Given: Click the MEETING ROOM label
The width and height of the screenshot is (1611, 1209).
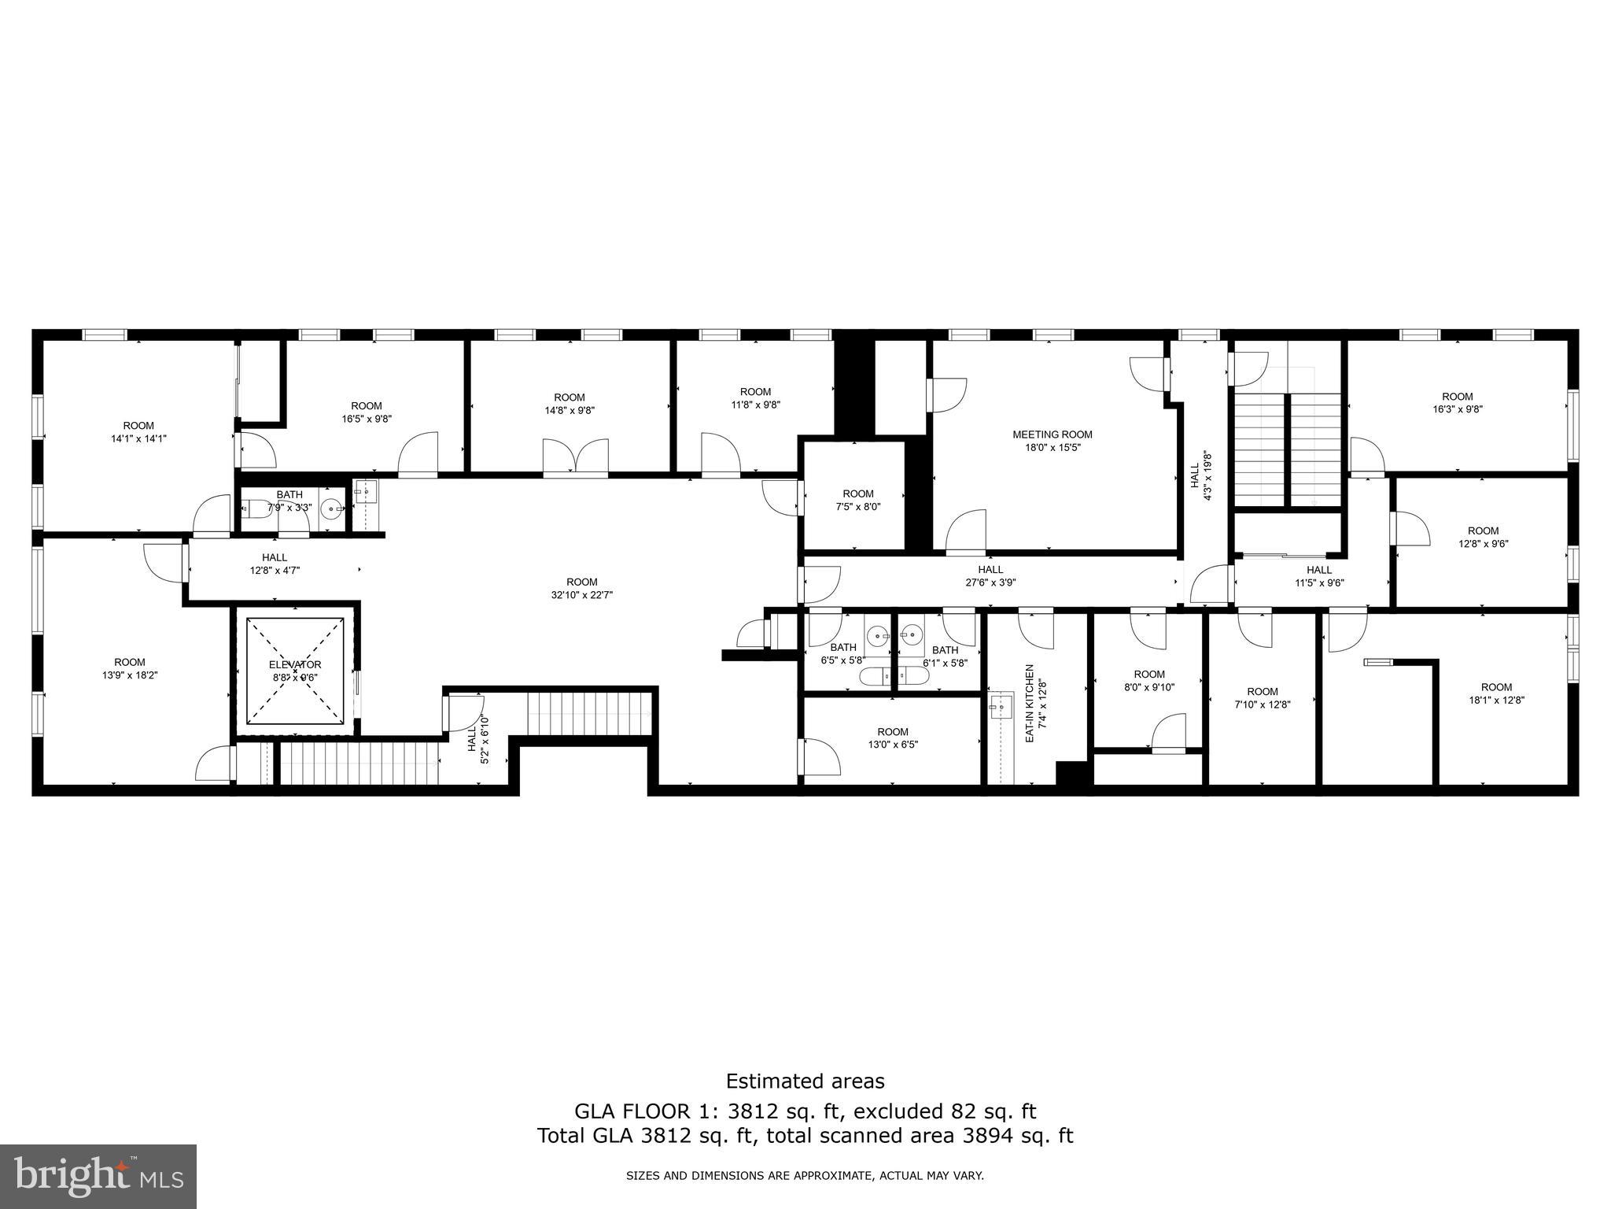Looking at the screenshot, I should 1052,434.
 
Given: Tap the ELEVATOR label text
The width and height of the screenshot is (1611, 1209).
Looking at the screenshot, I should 295,664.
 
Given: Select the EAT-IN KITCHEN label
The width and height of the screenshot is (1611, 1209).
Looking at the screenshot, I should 1029,703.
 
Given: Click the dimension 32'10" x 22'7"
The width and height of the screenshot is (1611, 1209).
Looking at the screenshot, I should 582,595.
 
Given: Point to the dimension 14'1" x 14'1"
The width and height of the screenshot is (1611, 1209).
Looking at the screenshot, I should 138,438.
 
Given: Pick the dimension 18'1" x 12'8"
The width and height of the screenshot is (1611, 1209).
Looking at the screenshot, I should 1496,700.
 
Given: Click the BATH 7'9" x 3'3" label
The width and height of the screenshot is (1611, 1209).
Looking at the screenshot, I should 289,501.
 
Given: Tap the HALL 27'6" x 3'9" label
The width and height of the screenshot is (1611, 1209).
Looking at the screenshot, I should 990,576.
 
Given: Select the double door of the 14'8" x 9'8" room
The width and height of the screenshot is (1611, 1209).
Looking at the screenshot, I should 575,458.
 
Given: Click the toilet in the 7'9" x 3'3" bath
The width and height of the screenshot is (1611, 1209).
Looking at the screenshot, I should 254,508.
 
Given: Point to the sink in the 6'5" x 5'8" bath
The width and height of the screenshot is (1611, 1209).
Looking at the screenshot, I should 876,634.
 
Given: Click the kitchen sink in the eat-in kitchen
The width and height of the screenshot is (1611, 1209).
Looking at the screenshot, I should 1001,705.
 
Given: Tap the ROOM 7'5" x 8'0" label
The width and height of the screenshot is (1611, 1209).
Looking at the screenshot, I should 858,500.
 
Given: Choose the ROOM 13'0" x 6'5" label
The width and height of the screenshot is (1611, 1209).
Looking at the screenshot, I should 893,738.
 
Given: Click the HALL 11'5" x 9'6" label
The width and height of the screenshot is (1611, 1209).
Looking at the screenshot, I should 1319,576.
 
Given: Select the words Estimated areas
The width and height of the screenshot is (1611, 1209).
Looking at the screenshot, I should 805,1081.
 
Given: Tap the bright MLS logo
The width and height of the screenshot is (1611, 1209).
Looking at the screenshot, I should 98,1177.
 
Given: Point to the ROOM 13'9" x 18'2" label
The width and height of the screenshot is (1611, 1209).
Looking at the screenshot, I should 130,668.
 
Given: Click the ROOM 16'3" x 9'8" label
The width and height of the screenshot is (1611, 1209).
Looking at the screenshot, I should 1457,402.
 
